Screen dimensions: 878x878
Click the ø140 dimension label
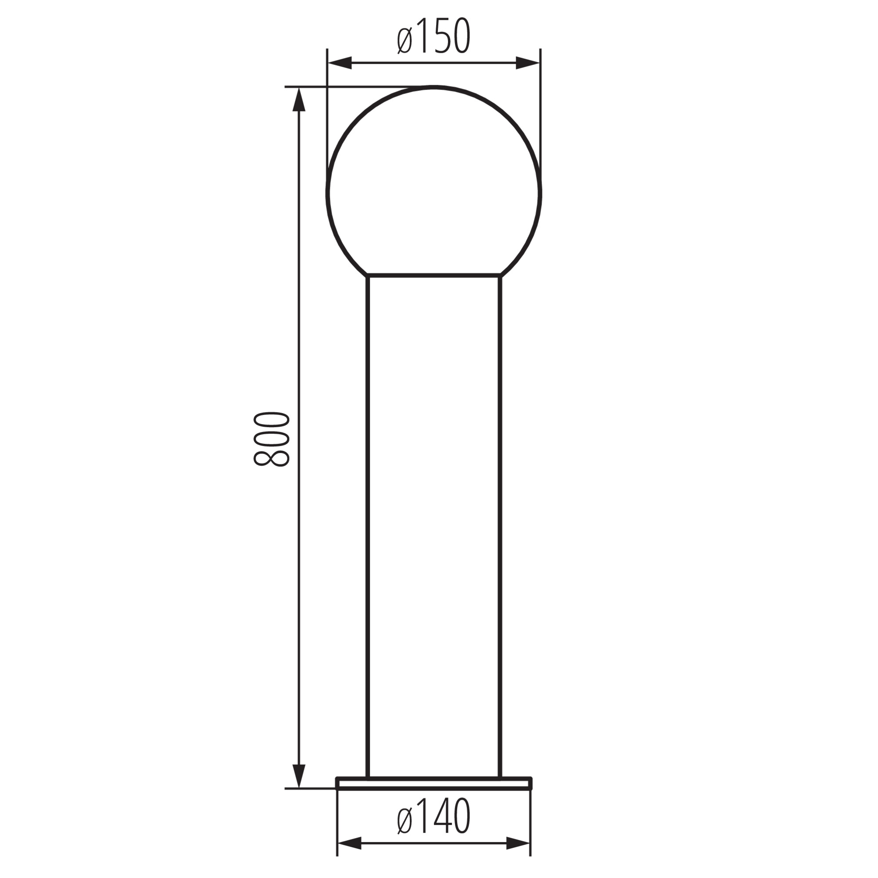[434, 816]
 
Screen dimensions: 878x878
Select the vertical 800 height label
[271, 439]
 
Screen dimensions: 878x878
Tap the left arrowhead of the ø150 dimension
[340, 63]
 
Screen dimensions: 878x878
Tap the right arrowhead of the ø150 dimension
[528, 63]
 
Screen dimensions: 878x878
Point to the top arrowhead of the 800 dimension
[299, 99]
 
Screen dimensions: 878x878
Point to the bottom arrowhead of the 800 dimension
[299, 776]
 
